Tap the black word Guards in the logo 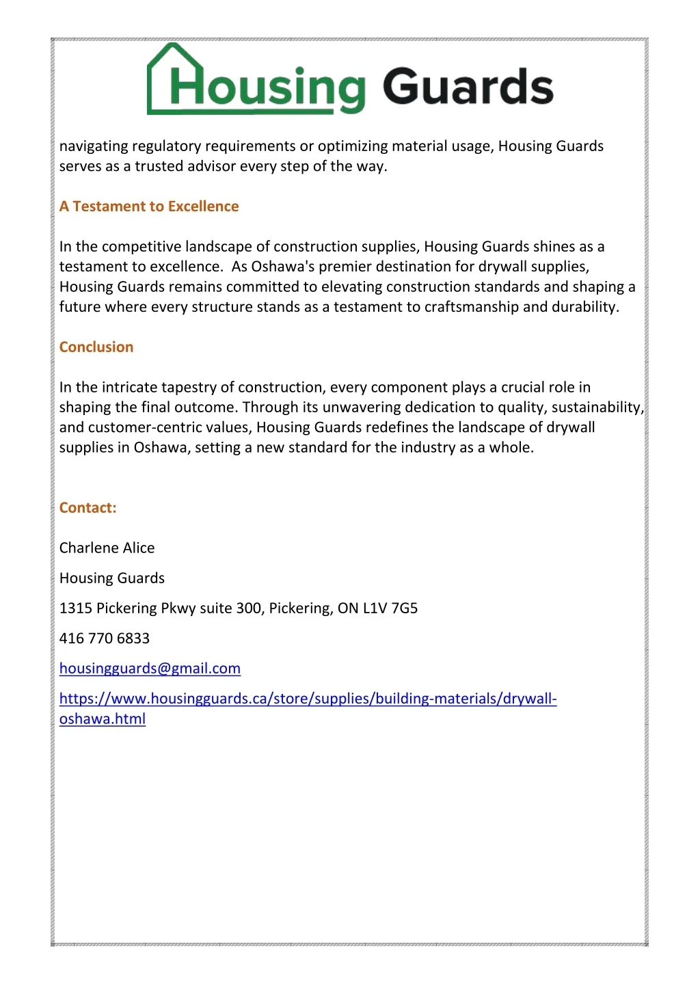click(x=468, y=88)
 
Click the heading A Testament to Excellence click(x=149, y=206)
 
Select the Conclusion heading click(x=96, y=347)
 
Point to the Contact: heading click(x=88, y=508)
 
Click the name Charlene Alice click(x=107, y=548)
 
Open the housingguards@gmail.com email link click(x=150, y=669)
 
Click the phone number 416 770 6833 click(x=105, y=639)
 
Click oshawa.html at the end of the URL click(x=103, y=719)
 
